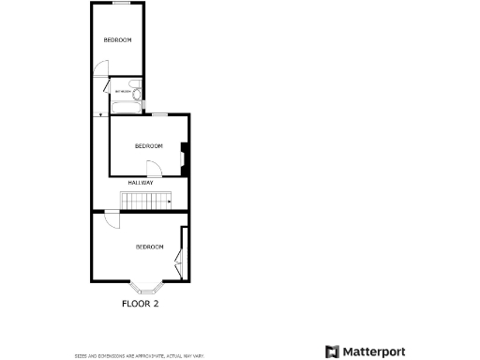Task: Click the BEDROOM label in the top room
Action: click(x=117, y=39)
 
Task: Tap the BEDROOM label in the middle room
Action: click(x=149, y=145)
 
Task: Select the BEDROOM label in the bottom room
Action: click(x=150, y=247)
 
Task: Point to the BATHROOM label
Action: click(x=123, y=91)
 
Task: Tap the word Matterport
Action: click(x=373, y=352)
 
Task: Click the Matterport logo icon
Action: click(x=332, y=352)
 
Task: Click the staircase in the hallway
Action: click(x=145, y=200)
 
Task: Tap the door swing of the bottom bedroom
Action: click(x=111, y=221)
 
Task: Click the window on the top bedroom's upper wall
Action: click(x=120, y=4)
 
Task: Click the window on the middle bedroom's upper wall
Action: click(x=160, y=114)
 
